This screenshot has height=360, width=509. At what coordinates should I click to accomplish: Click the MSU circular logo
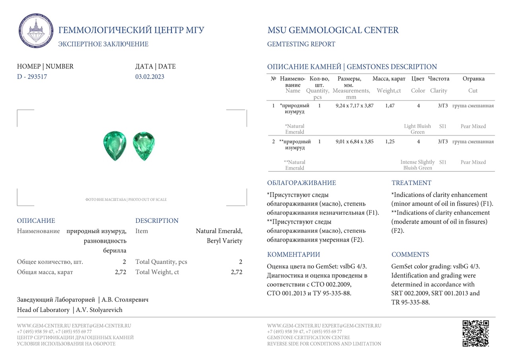coord(36,31)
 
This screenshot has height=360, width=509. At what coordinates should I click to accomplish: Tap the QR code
coord(475,333)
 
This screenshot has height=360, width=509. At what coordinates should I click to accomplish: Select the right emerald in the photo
coord(144,146)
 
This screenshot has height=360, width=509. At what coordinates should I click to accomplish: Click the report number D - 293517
coord(32,77)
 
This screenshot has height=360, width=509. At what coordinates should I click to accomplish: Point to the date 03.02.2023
coord(150,77)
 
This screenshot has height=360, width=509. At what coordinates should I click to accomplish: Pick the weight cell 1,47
coord(390,106)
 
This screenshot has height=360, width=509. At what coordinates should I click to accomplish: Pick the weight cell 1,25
coord(390,142)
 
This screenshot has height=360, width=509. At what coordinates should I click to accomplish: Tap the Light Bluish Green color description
coord(418,129)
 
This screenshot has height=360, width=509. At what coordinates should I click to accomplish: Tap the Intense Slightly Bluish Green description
coord(418,165)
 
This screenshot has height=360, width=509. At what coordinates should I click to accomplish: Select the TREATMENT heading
coord(411,183)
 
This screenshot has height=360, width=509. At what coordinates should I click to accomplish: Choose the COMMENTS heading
coord(410,255)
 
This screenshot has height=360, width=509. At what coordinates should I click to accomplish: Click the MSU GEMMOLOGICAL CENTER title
coord(333,30)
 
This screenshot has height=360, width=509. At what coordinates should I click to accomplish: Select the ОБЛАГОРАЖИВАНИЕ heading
coord(301,183)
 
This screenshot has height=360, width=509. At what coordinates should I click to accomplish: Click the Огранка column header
coord(473,79)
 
